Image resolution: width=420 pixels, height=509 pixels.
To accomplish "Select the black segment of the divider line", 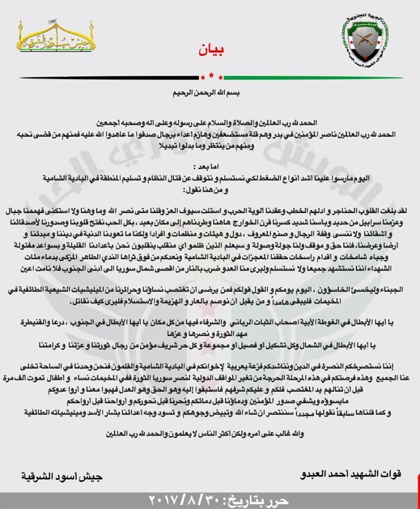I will click(x=106, y=77).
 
